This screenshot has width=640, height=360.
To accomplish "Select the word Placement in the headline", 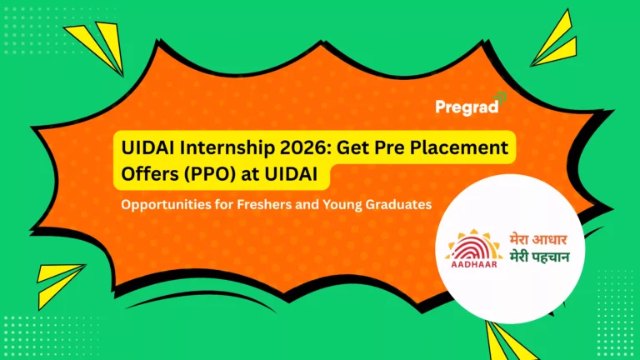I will coord(463,148).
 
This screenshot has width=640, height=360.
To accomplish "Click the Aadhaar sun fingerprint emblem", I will coord(476,241).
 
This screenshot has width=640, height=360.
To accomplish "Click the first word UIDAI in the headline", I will coord(142,148).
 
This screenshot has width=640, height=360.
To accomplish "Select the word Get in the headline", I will coord(357,148).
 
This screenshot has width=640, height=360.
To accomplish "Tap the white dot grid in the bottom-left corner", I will coord(42,333).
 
